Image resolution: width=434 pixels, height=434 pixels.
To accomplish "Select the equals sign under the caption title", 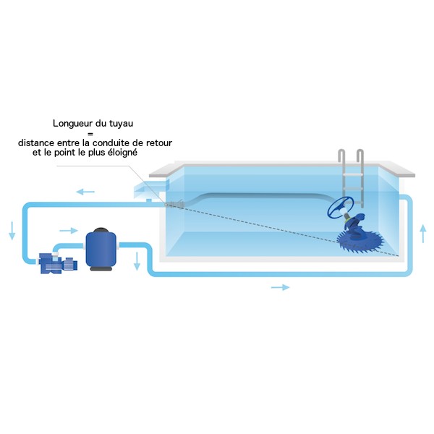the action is click(90, 134).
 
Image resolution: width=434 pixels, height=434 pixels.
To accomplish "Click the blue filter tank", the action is click(101, 250).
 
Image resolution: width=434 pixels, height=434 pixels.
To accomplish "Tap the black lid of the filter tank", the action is click(101, 230).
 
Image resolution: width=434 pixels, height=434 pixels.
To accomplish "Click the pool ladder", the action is click(351, 177).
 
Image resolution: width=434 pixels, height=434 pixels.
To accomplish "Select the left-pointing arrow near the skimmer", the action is click(85, 192).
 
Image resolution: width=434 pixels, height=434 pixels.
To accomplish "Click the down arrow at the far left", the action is click(12, 231).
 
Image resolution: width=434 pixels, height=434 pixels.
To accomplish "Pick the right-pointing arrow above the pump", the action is click(69, 230).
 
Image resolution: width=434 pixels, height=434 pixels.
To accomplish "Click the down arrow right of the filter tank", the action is click(137, 261).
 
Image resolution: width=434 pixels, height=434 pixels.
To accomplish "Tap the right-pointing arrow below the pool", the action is click(281, 287).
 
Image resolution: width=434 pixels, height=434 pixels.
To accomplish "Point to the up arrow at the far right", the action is click(422, 234).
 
